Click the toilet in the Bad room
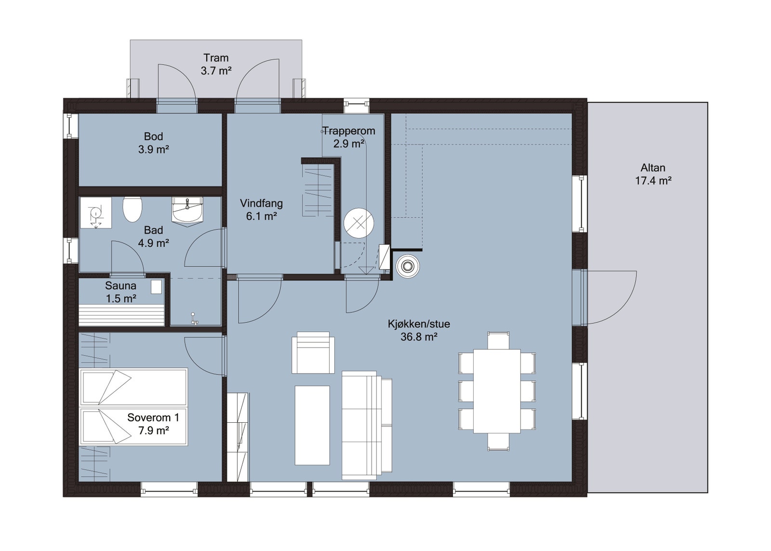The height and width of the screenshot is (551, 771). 132,209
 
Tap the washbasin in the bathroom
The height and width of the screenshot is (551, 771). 187,211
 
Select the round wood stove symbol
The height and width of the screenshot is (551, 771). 408,267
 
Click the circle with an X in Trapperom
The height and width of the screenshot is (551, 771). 359,223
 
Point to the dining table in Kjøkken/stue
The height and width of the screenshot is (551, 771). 497,391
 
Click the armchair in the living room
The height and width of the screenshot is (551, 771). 313,353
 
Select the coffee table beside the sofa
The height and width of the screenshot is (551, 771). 312,425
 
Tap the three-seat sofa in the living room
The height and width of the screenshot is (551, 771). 366,426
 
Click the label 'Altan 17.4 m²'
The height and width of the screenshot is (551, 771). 652,174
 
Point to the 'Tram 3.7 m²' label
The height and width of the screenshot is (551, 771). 215,64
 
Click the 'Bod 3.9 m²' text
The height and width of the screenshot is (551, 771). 153,143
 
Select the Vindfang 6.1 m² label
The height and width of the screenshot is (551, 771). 261,210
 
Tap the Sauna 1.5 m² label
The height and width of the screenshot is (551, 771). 120,292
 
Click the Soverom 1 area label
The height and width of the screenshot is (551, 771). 153,424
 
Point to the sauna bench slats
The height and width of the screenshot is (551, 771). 121,315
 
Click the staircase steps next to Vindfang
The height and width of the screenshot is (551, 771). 318,190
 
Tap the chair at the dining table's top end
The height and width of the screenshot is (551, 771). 498,340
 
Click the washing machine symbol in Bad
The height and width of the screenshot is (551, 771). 95,213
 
